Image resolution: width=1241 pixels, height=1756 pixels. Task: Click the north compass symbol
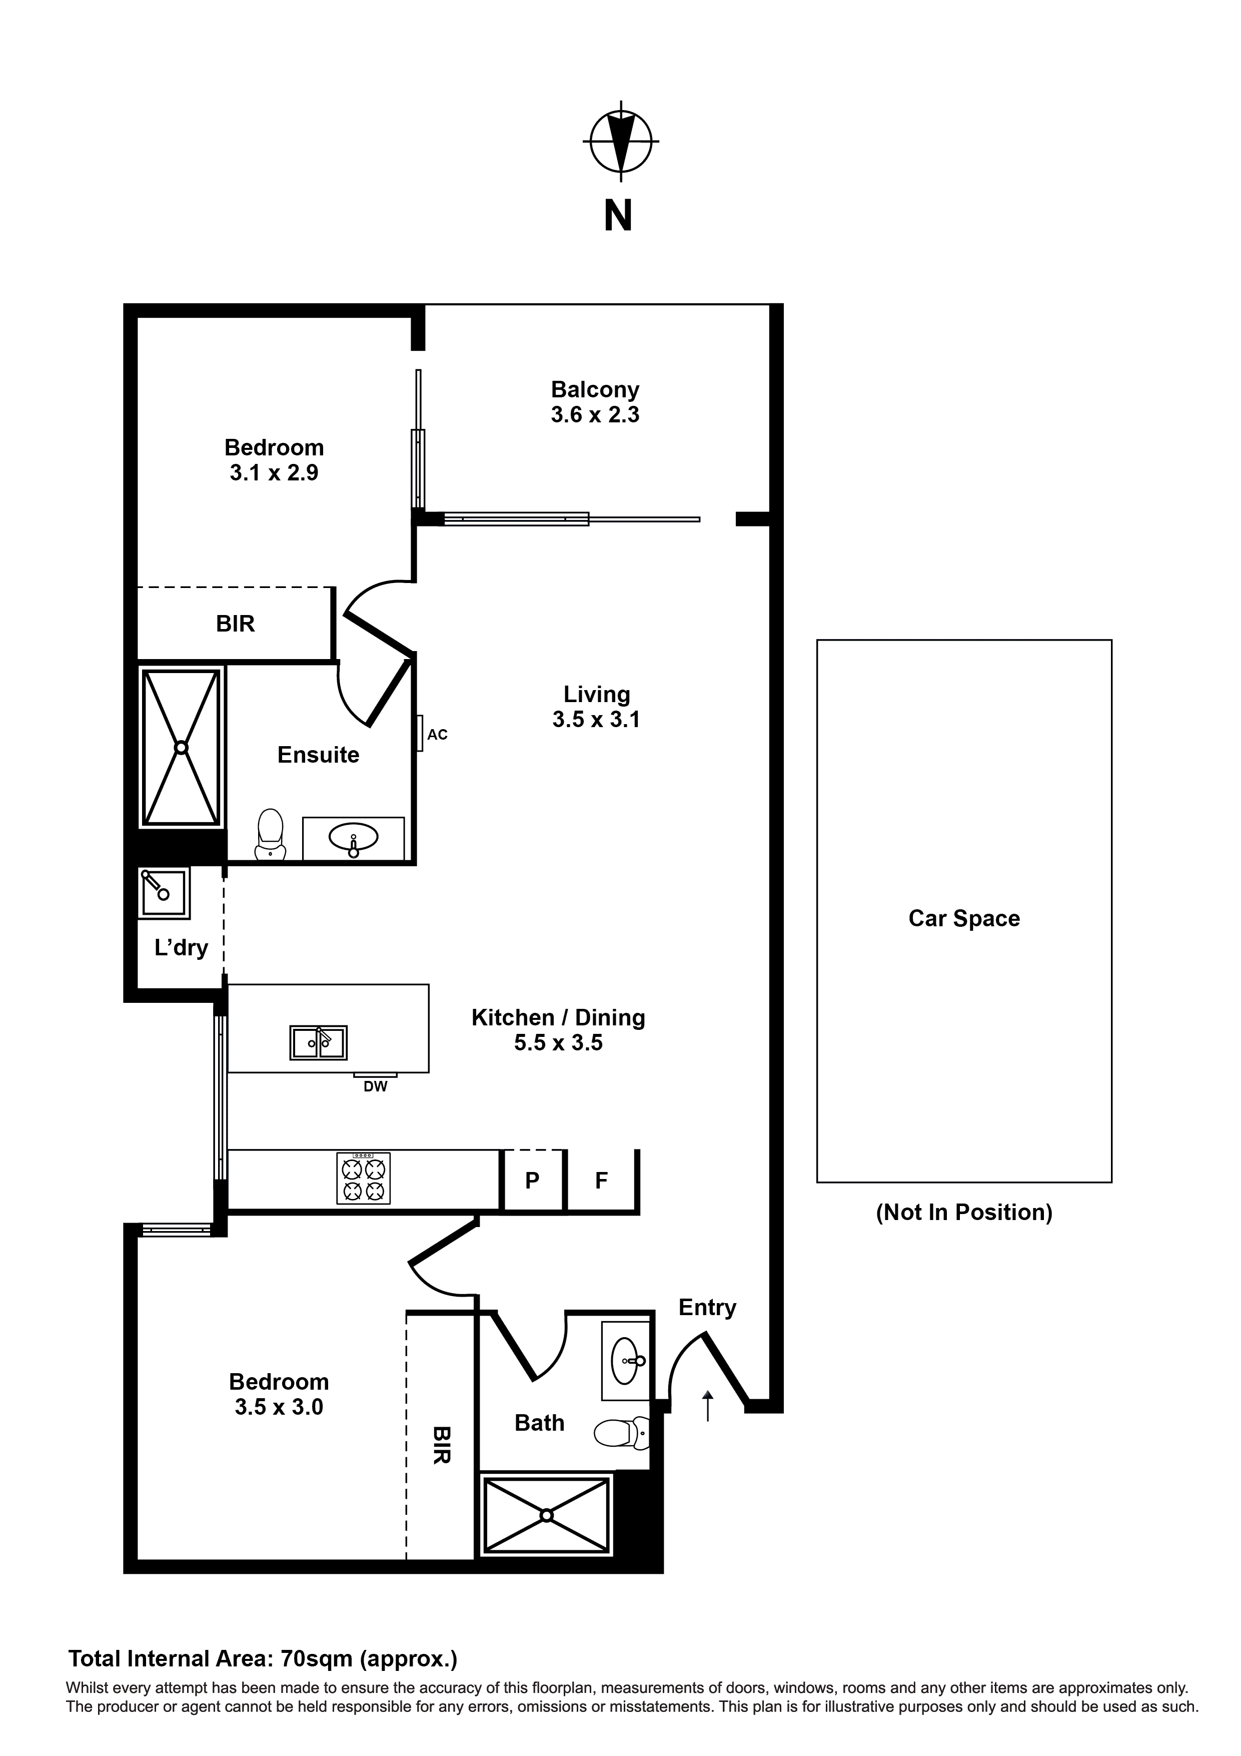(x=620, y=142)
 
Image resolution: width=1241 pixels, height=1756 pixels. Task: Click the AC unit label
(x=437, y=735)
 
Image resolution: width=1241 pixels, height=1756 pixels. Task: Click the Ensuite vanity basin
(x=353, y=838)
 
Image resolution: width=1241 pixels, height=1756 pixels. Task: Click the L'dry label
(x=181, y=948)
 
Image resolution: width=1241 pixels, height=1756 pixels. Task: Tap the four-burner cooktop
(x=363, y=1179)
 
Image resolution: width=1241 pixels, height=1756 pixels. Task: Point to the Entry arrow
(x=707, y=1406)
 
